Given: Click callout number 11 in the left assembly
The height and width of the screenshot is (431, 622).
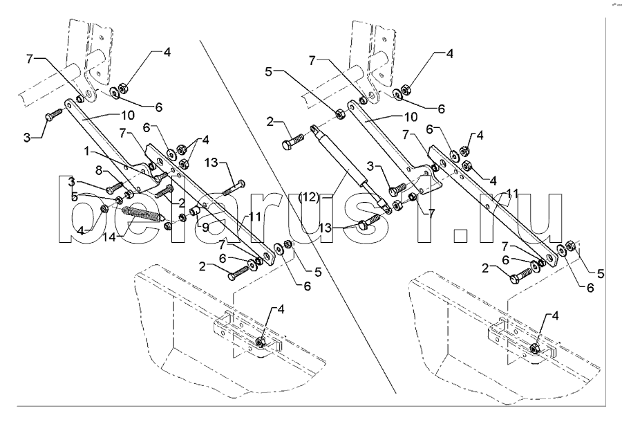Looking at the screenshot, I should [x=254, y=216].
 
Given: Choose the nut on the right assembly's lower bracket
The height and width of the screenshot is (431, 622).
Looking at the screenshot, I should [x=536, y=345].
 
